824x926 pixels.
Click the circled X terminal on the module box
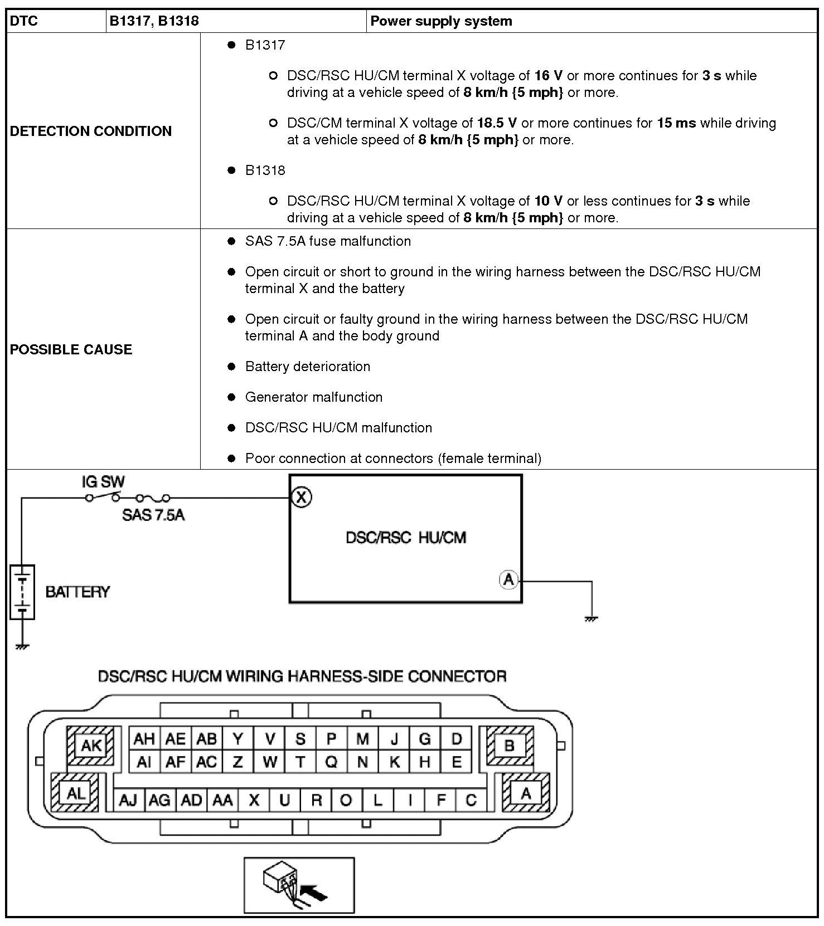pyautogui.click(x=301, y=496)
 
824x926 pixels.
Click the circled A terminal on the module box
pyautogui.click(x=508, y=579)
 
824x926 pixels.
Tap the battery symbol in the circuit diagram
pyautogui.click(x=22, y=592)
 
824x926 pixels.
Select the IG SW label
pyautogui.click(x=103, y=481)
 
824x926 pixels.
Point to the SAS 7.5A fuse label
pyautogui.click(x=153, y=515)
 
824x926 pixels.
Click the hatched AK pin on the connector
pyautogui.click(x=91, y=745)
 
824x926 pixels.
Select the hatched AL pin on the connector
pyautogui.click(x=75, y=793)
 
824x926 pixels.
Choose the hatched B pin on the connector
pyautogui.click(x=510, y=745)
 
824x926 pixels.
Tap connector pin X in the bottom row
pyautogui.click(x=254, y=800)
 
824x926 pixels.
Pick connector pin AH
pyautogui.click(x=144, y=739)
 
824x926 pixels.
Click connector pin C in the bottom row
pyautogui.click(x=471, y=800)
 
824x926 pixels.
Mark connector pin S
pyautogui.click(x=300, y=739)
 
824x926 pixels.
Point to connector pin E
pyautogui.click(x=456, y=762)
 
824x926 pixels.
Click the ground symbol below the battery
pyautogui.click(x=22, y=646)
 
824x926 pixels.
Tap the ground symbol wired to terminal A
pyautogui.click(x=592, y=618)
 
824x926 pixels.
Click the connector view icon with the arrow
pyautogui.click(x=299, y=885)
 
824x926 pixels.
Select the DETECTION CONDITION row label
pyautogui.click(x=91, y=131)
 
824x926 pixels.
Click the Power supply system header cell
pyautogui.click(x=441, y=21)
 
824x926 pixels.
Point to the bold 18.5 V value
pyautogui.click(x=497, y=123)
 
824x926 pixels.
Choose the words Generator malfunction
pyautogui.click(x=314, y=397)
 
